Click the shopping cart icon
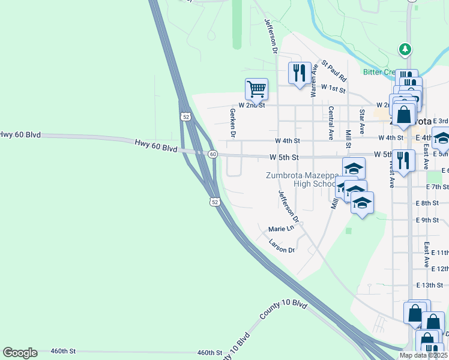256,89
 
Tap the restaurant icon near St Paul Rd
300,73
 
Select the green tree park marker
406,49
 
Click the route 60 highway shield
212,154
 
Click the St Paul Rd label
334,70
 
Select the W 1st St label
333,88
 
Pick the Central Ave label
331,123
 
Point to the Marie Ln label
282,229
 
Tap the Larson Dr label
282,246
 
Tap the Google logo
20,353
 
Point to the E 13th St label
432,285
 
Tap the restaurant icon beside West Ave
403,160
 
